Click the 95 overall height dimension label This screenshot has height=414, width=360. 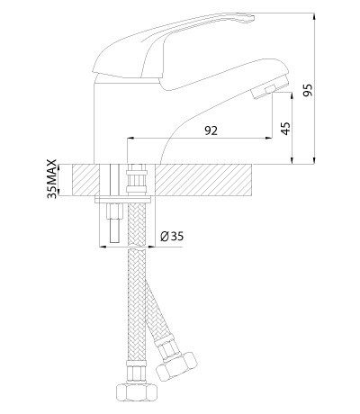[308, 89]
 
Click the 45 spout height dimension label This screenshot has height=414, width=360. [286, 128]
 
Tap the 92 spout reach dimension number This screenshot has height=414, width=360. [211, 130]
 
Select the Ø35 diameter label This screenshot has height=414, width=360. [172, 237]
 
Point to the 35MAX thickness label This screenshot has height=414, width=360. [52, 179]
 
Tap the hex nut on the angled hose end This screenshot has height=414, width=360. [176, 364]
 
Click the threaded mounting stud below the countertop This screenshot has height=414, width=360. [115, 222]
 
